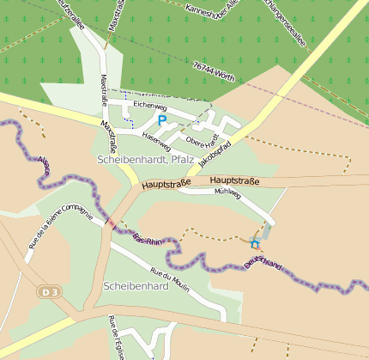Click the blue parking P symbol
coord(160,120)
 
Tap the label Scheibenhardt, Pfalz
coord(146,160)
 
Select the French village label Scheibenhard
coord(136,284)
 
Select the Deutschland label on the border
coord(262,260)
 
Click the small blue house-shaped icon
coord(255,243)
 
